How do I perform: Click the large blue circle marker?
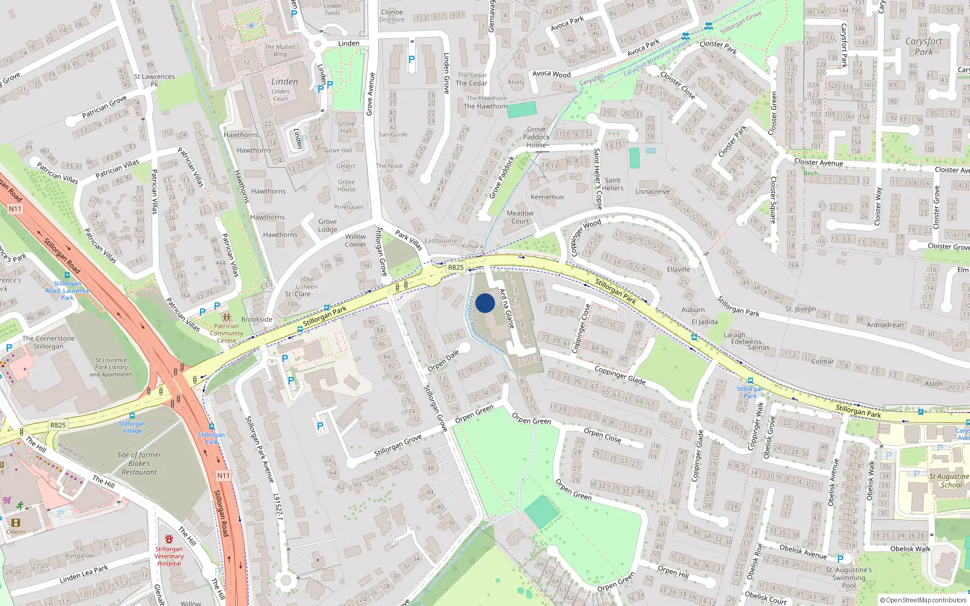click(x=485, y=303)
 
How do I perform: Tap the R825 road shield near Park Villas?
click(x=455, y=267)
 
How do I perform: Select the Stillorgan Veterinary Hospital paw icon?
click(x=169, y=539)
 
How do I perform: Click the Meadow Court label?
click(x=520, y=217)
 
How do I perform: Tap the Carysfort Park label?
click(x=923, y=46)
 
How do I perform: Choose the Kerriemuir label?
click(x=547, y=197)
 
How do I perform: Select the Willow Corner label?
click(x=355, y=241)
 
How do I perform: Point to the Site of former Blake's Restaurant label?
click(x=139, y=463)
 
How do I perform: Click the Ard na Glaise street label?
click(x=507, y=308)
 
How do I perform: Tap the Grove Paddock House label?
click(x=537, y=137)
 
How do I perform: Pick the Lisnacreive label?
click(x=652, y=191)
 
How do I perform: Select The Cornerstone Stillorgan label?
click(x=48, y=342)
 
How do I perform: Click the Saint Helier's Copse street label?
click(x=598, y=179)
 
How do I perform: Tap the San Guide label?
click(x=393, y=135)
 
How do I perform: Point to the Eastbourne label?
click(x=441, y=241)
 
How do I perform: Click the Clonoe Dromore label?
click(x=392, y=16)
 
